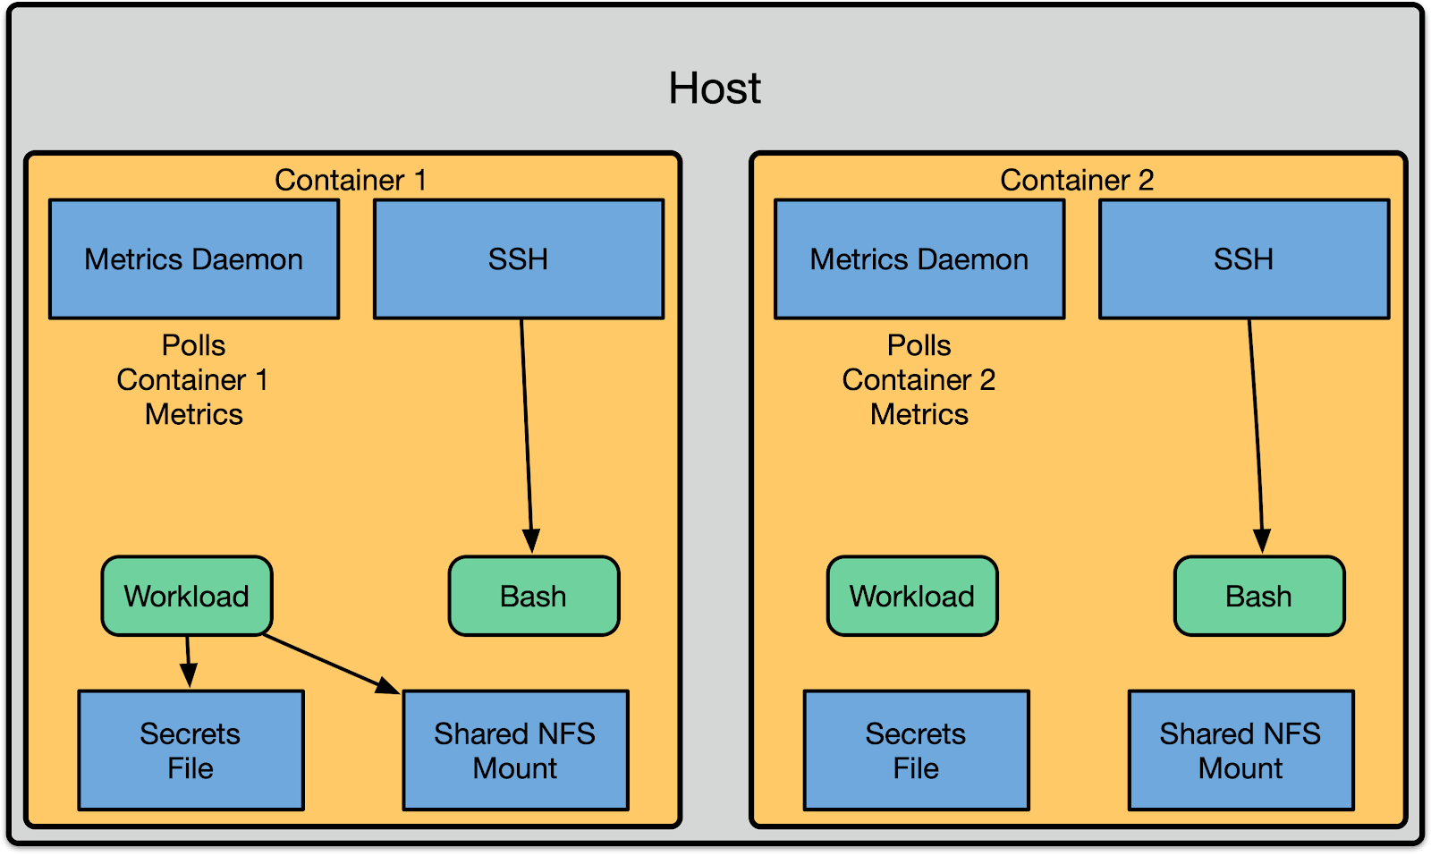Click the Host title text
[x=715, y=89]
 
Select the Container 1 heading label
[x=350, y=180]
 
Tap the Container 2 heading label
[x=1076, y=180]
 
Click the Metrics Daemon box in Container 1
[x=194, y=259]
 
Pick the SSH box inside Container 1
[x=518, y=259]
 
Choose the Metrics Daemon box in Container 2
[x=919, y=259]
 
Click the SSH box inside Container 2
[x=1243, y=259]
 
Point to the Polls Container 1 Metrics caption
[x=193, y=380]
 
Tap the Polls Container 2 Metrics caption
[x=919, y=380]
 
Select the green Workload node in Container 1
[x=187, y=596]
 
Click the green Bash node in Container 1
[x=533, y=596]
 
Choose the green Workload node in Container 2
[x=912, y=596]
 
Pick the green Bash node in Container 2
[x=1258, y=596]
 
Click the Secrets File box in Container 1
[x=191, y=750]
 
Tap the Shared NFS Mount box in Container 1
[x=515, y=750]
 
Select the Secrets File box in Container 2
[x=916, y=750]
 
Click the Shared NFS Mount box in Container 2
[x=1240, y=750]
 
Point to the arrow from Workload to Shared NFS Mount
[x=331, y=664]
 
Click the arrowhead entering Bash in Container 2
[x=1262, y=542]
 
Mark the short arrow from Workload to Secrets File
[x=189, y=660]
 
